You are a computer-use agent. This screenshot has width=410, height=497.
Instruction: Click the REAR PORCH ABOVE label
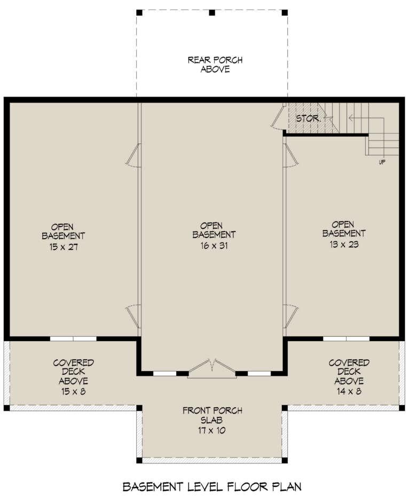click(x=208, y=65)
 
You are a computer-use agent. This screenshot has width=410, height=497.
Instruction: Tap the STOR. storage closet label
click(x=308, y=118)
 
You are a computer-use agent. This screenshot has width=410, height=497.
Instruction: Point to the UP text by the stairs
click(x=382, y=162)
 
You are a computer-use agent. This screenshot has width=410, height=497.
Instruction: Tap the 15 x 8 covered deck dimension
click(x=74, y=391)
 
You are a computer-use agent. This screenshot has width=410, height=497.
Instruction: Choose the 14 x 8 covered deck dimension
click(x=349, y=391)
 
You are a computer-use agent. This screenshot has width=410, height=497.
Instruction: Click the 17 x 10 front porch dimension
click(x=212, y=430)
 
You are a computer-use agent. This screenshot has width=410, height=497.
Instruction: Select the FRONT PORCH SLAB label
click(x=212, y=415)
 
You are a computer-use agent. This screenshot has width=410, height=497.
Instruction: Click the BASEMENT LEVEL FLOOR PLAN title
click(x=212, y=486)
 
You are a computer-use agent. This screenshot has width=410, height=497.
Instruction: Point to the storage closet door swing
click(x=278, y=117)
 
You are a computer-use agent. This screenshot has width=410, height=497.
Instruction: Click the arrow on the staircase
click(x=352, y=117)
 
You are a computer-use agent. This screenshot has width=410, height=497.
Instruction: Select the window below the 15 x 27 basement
click(x=73, y=338)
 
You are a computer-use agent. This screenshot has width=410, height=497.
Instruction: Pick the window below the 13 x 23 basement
click(x=346, y=338)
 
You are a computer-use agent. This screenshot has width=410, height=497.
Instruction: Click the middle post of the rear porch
click(x=211, y=12)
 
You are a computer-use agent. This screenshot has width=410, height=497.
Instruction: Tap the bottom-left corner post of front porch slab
click(x=139, y=460)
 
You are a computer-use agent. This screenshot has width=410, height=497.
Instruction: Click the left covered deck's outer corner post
click(x=6, y=408)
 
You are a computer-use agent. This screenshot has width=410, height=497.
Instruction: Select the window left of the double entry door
click(x=165, y=373)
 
